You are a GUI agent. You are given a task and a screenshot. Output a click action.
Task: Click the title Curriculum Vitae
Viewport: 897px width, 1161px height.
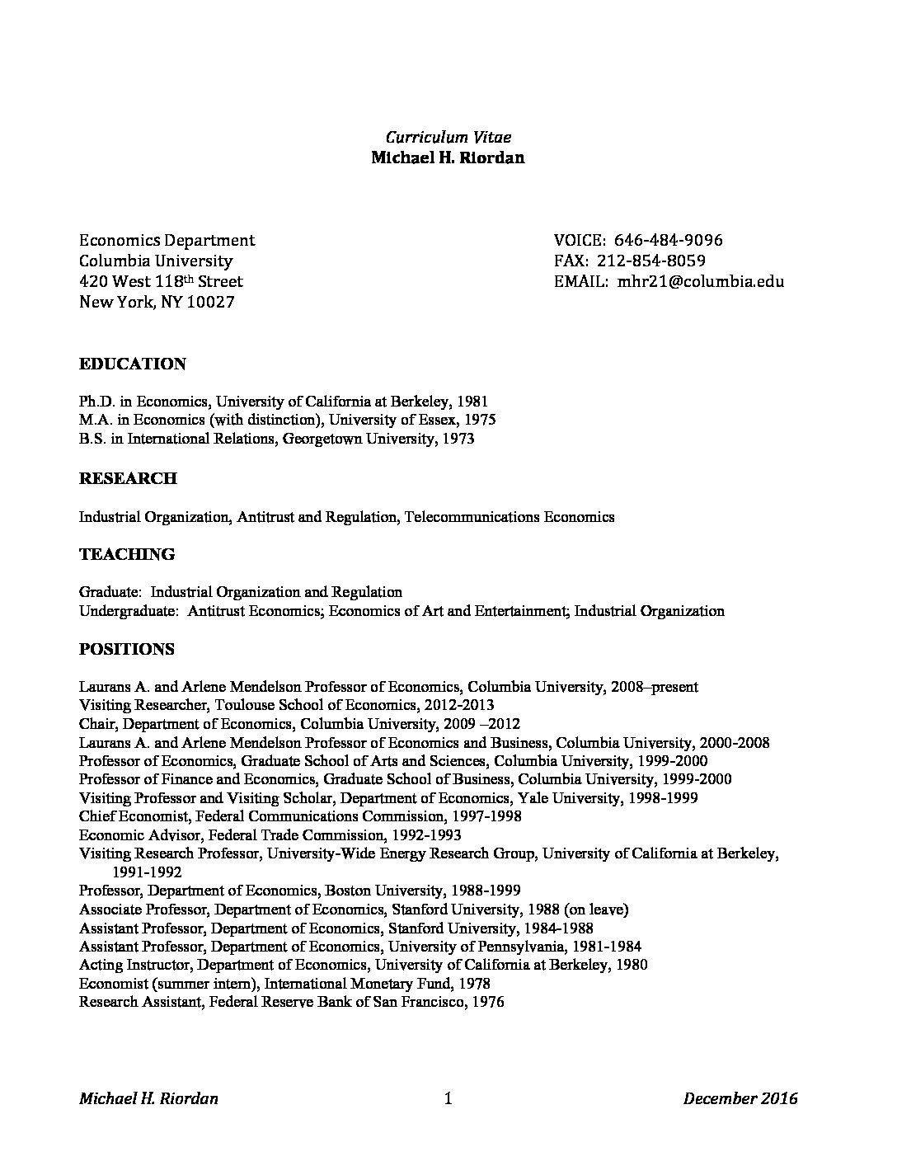(x=448, y=137)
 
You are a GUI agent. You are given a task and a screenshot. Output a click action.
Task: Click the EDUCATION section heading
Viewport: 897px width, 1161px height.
(x=132, y=364)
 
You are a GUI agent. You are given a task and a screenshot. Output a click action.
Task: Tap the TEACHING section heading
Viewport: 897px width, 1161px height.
(x=126, y=554)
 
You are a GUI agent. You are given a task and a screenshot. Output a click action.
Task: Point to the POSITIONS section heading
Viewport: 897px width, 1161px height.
(x=126, y=649)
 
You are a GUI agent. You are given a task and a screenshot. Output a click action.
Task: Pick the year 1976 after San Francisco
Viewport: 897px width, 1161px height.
(x=487, y=1003)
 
